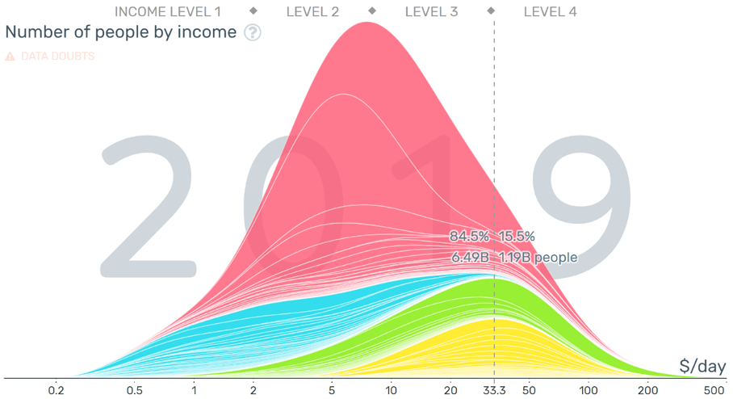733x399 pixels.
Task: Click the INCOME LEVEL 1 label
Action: click(167, 11)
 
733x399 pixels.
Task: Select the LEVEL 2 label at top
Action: click(312, 11)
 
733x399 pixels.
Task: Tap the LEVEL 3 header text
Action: click(431, 11)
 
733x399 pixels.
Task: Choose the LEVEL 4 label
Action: click(550, 11)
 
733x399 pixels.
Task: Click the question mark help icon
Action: click(253, 33)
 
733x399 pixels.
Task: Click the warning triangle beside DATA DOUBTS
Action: click(10, 57)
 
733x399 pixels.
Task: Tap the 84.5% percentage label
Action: click(469, 237)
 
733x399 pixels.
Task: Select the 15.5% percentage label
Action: click(517, 237)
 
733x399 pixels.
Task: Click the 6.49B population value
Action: click(469, 258)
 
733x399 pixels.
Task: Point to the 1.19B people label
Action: click(538, 258)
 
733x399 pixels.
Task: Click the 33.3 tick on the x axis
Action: click(494, 389)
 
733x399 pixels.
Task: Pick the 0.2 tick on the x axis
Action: click(56, 389)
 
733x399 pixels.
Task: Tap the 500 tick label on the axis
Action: click(714, 389)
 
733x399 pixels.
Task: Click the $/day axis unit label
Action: click(702, 367)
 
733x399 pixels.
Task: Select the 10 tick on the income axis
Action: click(391, 389)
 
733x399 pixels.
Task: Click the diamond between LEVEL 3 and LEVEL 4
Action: click(491, 11)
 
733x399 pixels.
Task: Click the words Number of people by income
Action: click(121, 32)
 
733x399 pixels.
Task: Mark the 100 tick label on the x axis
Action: click(588, 389)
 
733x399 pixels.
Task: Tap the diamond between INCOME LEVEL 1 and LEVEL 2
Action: click(253, 11)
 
